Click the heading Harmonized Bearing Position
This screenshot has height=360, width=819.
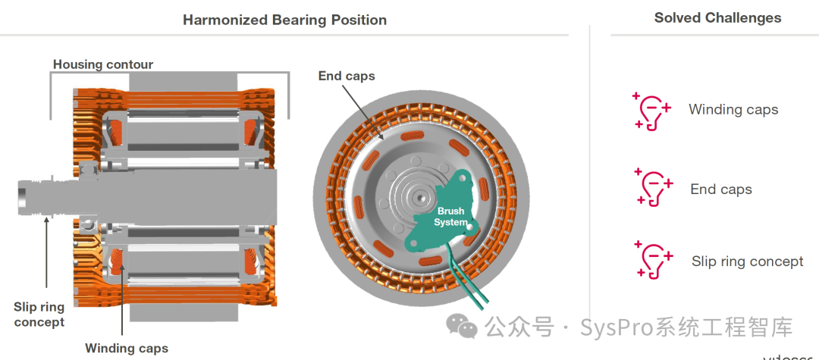284,20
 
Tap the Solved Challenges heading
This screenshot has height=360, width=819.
717,17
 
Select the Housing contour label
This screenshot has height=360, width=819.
102,64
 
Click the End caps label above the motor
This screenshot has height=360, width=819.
346,76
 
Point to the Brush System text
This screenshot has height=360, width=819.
450,217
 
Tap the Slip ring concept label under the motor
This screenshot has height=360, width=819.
39,315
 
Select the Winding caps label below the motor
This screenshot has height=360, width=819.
127,349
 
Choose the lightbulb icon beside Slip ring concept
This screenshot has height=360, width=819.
653,260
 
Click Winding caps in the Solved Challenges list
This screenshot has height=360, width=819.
733,110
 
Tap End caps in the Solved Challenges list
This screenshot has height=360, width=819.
721,189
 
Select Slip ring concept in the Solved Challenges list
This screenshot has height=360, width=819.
747,261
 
